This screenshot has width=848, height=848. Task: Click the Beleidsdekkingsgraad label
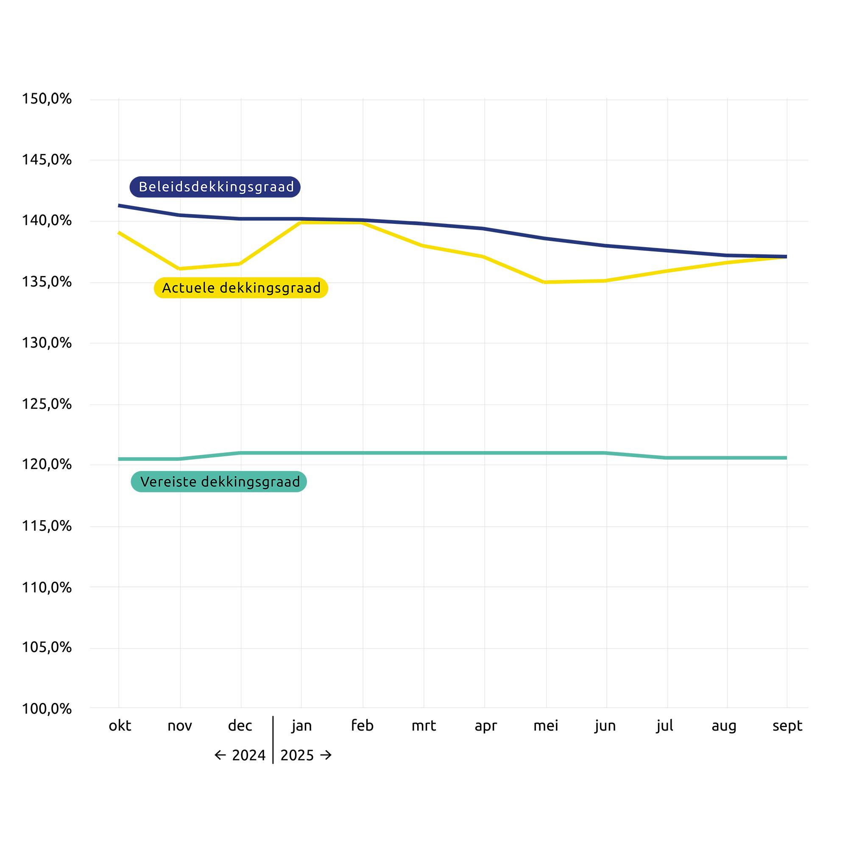215,187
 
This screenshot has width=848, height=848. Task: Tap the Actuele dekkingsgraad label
241,288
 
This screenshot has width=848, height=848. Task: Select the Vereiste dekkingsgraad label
219,482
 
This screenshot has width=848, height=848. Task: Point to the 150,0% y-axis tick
47,99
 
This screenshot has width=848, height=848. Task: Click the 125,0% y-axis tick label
47,404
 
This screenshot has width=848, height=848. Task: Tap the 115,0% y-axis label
47,526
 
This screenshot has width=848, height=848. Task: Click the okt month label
120,726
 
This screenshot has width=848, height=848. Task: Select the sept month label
787,726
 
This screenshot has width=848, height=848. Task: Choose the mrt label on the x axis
424,726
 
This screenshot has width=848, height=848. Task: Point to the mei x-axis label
546,726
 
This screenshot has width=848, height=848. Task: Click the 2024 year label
249,756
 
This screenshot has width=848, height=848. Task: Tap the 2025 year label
297,756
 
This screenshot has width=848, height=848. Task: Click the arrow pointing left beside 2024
220,756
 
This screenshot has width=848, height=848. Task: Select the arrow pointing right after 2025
326,756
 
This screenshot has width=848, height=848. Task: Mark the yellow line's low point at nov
180,268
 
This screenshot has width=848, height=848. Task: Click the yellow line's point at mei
546,282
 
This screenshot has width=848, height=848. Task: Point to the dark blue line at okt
119,205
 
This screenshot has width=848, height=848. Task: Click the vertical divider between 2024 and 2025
273,742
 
